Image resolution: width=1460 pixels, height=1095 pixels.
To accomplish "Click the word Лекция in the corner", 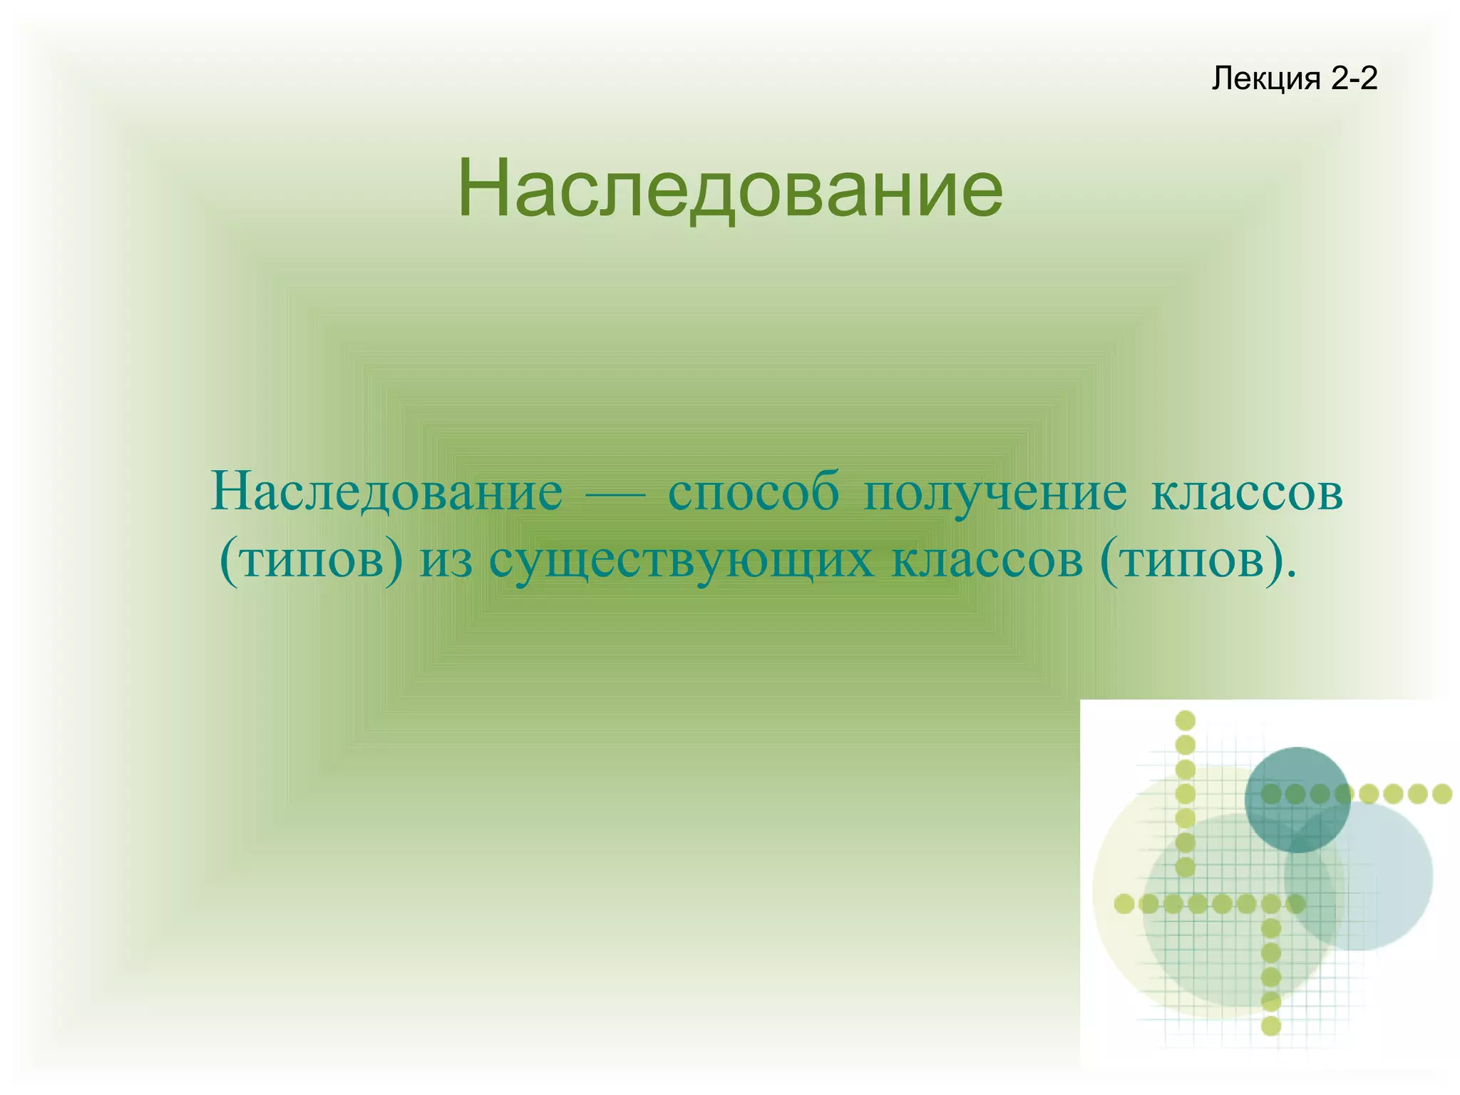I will tap(1266, 79).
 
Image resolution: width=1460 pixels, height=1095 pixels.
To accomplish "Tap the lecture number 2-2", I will tap(1354, 78).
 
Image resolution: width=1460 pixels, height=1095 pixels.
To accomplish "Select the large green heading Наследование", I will tap(730, 188).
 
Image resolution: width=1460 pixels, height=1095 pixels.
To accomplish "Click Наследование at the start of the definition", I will tap(386, 492).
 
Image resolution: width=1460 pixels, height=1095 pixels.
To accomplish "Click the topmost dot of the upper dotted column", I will tap(1185, 720).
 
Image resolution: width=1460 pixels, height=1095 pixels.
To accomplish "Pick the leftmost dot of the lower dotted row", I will tap(1124, 905).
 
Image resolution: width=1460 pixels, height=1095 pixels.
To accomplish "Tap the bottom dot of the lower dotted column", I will tap(1271, 1026).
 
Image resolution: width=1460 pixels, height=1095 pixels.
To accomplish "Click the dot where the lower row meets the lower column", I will tap(1271, 905).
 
